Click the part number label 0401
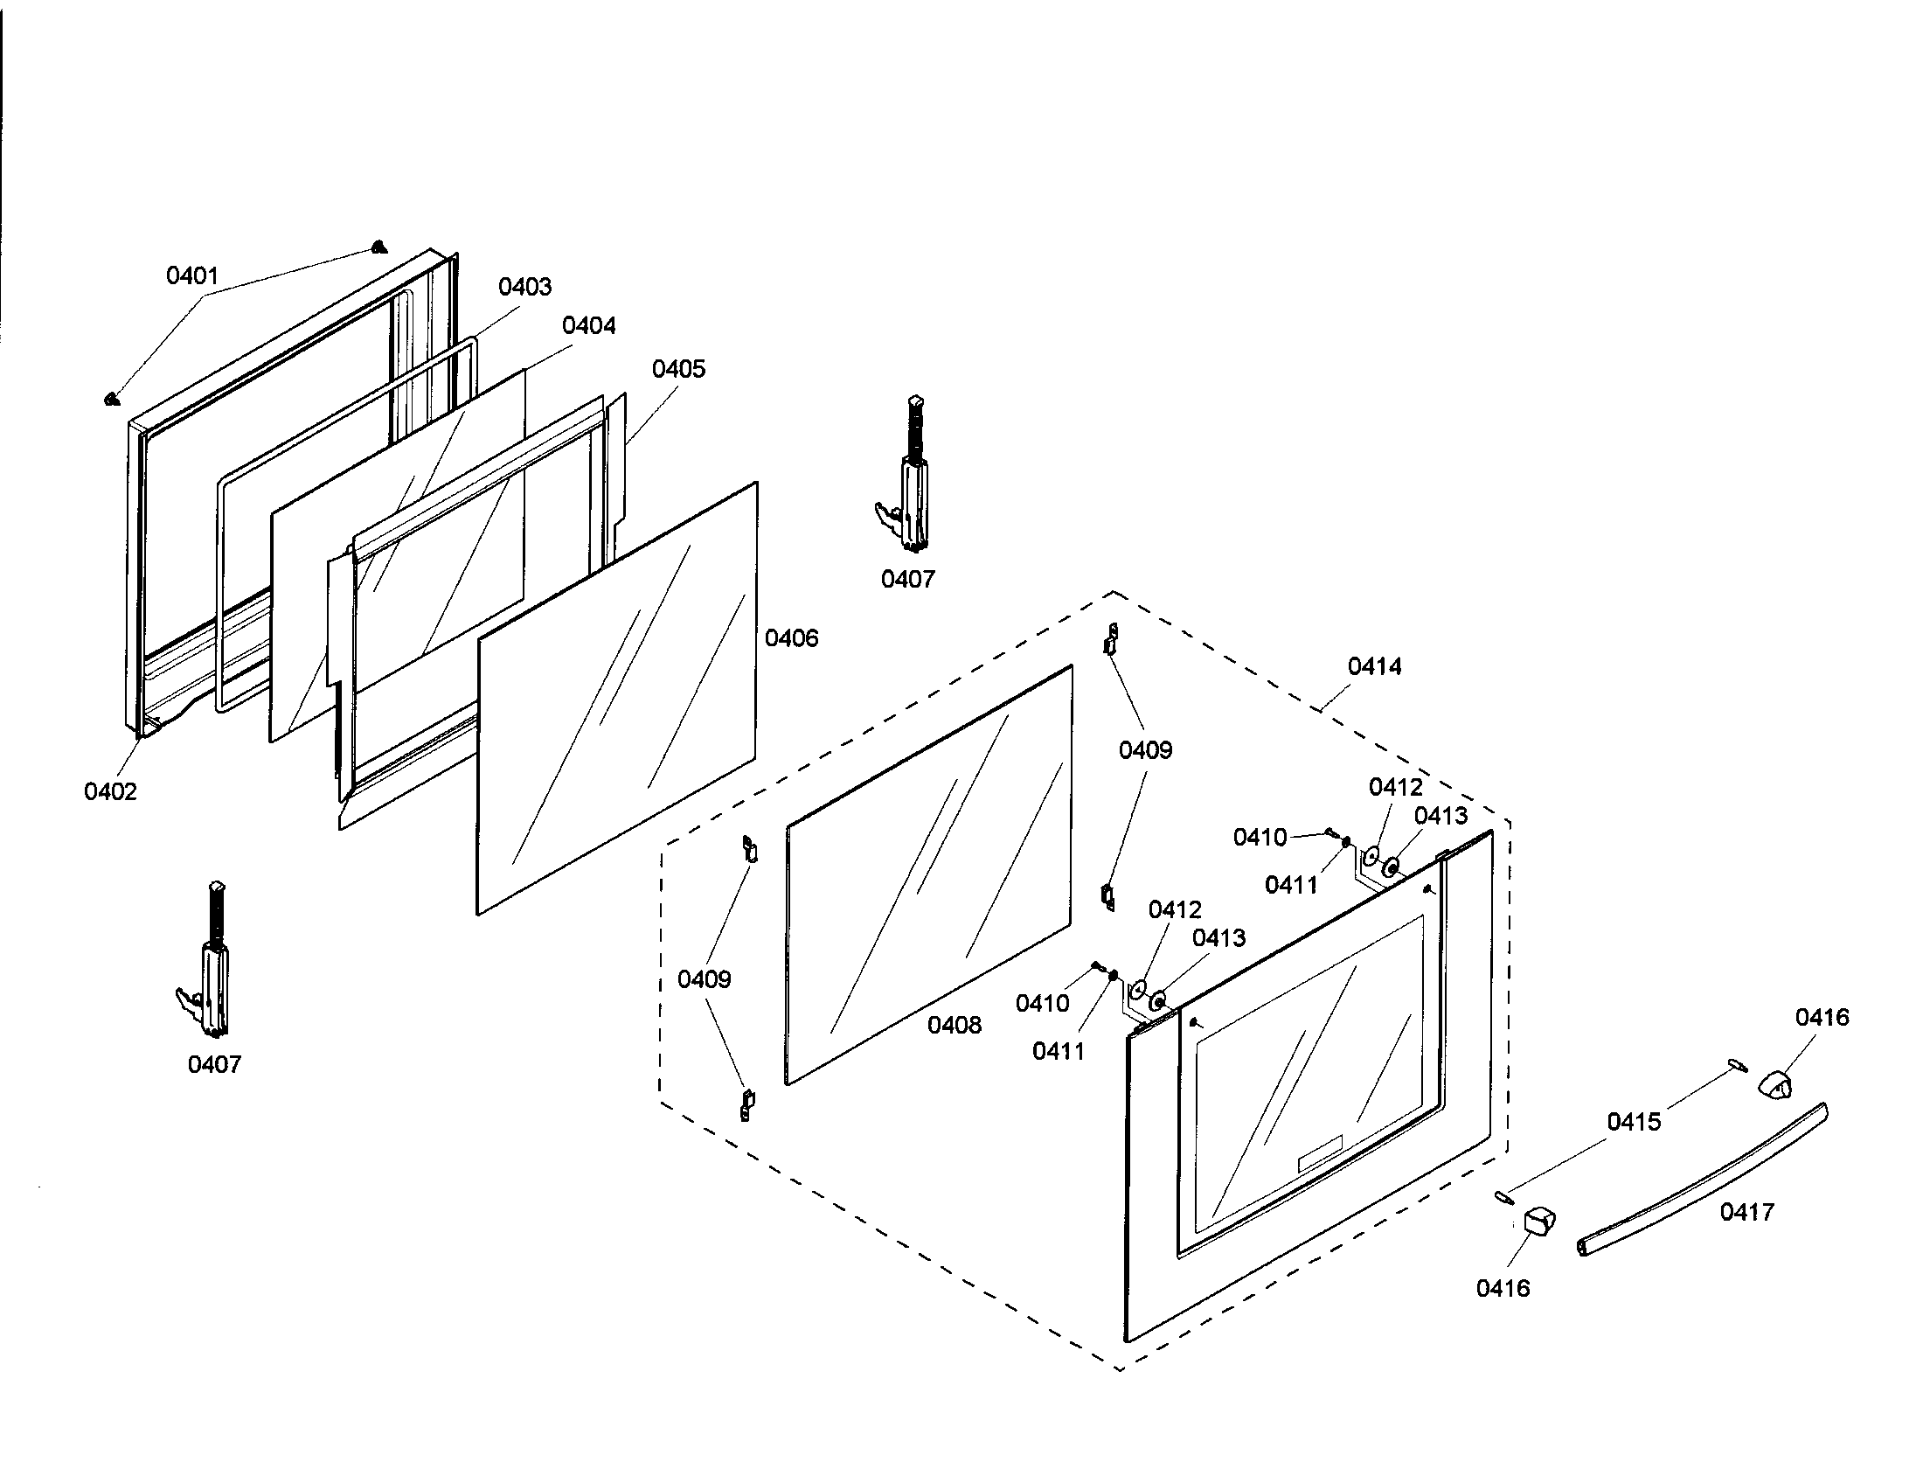tap(192, 276)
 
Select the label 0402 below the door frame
tap(111, 791)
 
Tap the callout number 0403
tap(524, 287)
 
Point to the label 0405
tap(678, 369)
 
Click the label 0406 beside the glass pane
tap(791, 638)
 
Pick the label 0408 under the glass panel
tap(954, 1025)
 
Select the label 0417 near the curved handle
tap(1747, 1213)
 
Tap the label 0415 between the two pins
tap(1634, 1122)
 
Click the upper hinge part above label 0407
tap(909, 480)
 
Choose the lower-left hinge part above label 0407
tap(210, 964)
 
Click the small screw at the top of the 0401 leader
tap(378, 247)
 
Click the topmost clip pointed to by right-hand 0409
tap(1111, 640)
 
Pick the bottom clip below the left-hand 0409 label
tap(747, 1104)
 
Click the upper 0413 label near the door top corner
tap(1441, 817)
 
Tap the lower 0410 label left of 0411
tap(1042, 1003)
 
